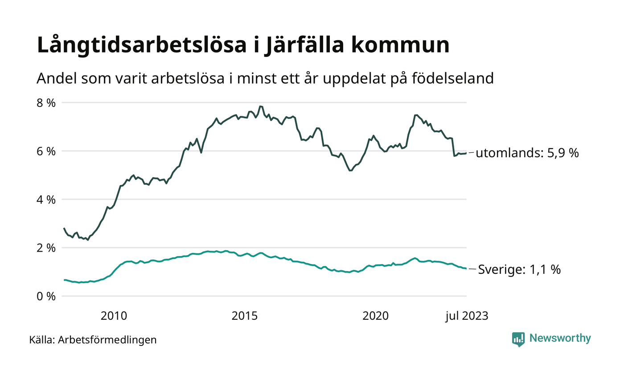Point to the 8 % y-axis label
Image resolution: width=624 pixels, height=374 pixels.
[45, 103]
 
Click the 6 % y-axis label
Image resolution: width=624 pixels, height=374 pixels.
[45, 151]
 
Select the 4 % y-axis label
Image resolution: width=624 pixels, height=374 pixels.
[45, 199]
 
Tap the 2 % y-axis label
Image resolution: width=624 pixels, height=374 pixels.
[45, 248]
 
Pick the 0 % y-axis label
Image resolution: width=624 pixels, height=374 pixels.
[45, 296]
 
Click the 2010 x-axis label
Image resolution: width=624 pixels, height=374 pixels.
[114, 316]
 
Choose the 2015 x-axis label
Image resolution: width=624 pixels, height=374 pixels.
[245, 316]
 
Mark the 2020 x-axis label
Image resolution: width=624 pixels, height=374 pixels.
[376, 316]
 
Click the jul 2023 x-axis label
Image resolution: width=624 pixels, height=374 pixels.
[467, 316]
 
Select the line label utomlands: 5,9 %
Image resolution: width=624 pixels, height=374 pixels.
[527, 154]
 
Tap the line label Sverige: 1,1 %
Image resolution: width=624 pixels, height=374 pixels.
[519, 270]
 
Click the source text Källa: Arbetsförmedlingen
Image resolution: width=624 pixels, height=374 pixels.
[93, 340]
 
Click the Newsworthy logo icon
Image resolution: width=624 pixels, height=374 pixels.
[518, 339]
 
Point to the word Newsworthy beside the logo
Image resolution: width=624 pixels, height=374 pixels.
[560, 338]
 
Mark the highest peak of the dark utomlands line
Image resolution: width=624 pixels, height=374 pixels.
[261, 106]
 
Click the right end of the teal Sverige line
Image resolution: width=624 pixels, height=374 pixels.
[466, 268]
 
